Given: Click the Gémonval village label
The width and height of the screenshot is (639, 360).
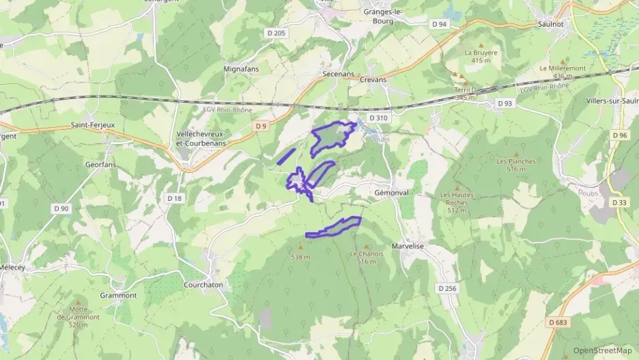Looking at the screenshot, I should pyautogui.click(x=391, y=193).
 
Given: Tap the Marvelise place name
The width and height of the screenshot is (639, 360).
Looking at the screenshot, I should pyautogui.click(x=408, y=246).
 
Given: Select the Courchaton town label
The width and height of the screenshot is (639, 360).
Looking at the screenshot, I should pyautogui.click(x=203, y=285).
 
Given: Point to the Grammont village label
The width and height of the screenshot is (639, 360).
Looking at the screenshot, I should pyautogui.click(x=118, y=295).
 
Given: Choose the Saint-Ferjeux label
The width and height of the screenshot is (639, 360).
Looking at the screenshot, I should pyautogui.click(x=92, y=125).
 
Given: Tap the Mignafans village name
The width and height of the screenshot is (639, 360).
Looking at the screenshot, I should pyautogui.click(x=241, y=69).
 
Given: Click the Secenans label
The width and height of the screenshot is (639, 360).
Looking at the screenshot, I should pyautogui.click(x=336, y=70).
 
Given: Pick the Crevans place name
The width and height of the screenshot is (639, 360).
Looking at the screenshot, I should pyautogui.click(x=373, y=79).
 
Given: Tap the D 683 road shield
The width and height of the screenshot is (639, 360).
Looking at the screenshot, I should pyautogui.click(x=557, y=322).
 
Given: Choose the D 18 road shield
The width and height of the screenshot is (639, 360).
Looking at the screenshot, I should pyautogui.click(x=175, y=198).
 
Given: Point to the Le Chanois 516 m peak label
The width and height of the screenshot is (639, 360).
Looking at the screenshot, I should pyautogui.click(x=367, y=258).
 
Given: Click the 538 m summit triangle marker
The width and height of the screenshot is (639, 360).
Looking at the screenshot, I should pyautogui.click(x=300, y=247).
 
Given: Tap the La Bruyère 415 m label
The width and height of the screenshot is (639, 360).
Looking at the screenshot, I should pyautogui.click(x=481, y=56).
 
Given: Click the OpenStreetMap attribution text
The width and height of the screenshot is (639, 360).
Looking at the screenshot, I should pyautogui.click(x=602, y=350).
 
